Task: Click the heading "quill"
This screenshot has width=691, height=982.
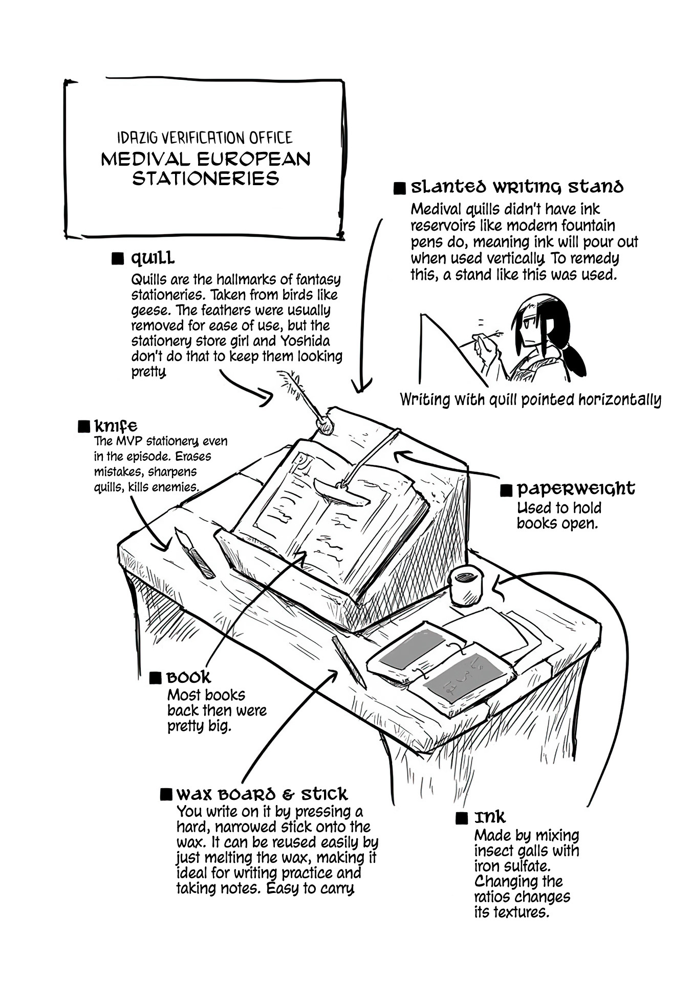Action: pyautogui.click(x=153, y=258)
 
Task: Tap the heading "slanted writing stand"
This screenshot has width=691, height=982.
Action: pyautogui.click(x=517, y=187)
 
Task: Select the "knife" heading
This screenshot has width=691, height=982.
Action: pyautogui.click(x=116, y=426)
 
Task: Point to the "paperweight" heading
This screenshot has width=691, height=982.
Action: pyautogui.click(x=575, y=489)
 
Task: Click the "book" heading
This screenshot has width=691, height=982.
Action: pyautogui.click(x=188, y=678)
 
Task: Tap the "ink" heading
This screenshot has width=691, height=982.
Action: pyautogui.click(x=489, y=817)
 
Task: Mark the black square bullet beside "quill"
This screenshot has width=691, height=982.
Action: pyautogui.click(x=118, y=258)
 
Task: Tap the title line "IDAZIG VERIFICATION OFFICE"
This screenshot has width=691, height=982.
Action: pyautogui.click(x=205, y=138)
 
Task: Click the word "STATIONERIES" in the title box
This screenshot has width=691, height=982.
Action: pyautogui.click(x=205, y=179)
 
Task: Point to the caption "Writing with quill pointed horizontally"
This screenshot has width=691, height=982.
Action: pyautogui.click(x=530, y=399)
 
